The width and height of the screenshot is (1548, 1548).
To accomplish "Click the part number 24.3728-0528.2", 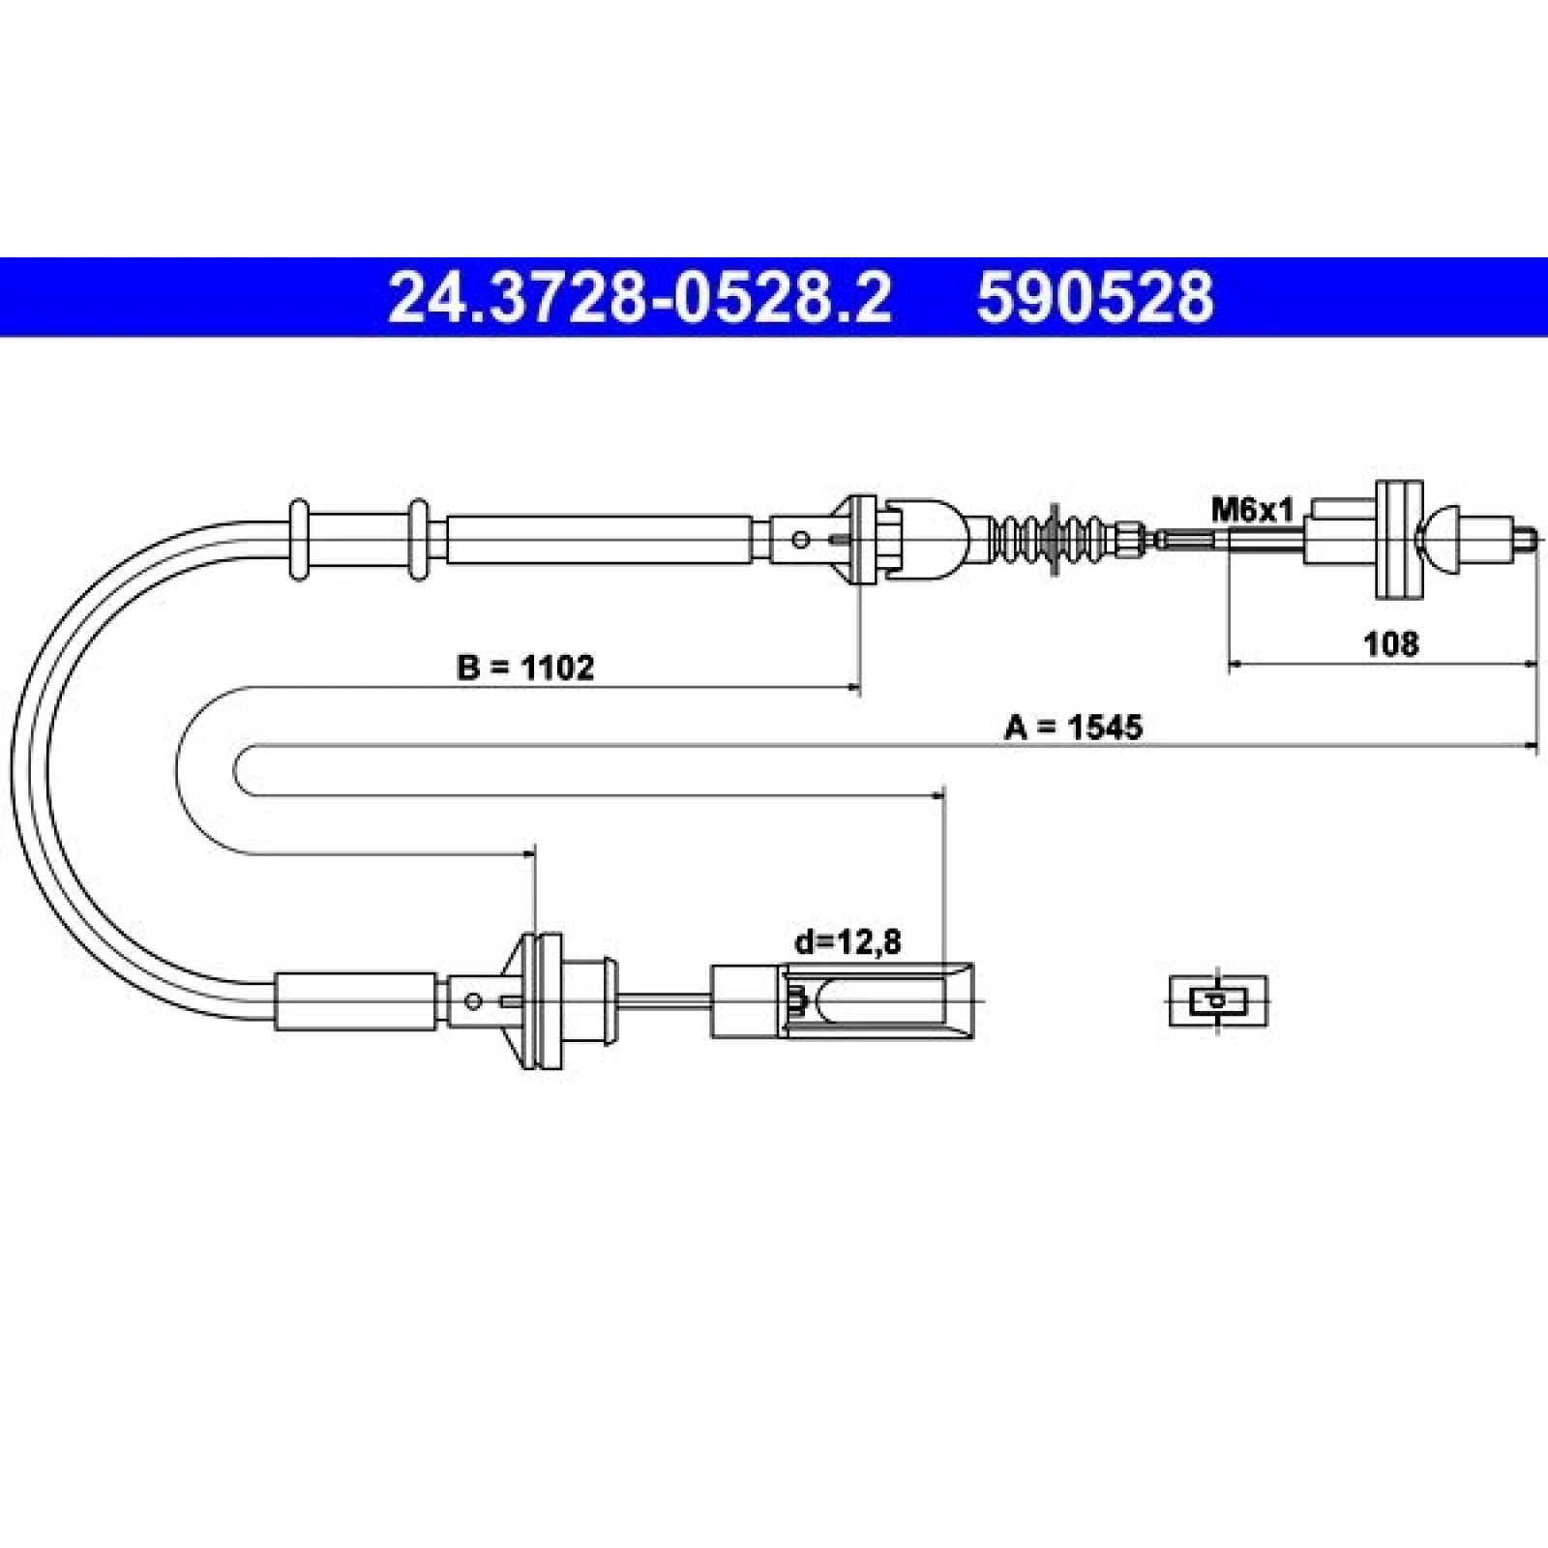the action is tap(640, 297).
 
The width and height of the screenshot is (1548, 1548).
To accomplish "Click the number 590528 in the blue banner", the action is tap(1094, 297).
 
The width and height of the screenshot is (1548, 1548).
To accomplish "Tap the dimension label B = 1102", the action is tap(524, 667).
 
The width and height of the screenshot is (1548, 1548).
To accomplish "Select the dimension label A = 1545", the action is tap(1073, 726).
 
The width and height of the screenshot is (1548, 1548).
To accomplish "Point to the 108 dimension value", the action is tap(1390, 642).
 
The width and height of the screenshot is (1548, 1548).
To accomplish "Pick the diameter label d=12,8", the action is tap(848, 940).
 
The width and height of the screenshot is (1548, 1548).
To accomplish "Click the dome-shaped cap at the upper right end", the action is tap(1439, 539).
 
